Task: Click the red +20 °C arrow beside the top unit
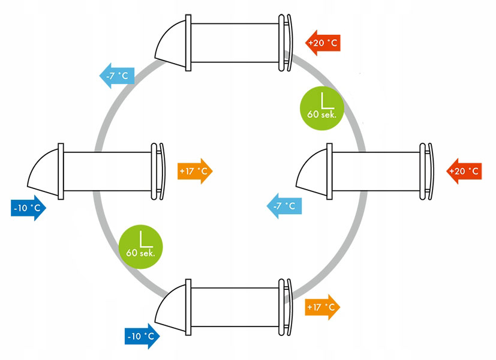pos(323,43)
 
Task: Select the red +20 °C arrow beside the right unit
pos(464,171)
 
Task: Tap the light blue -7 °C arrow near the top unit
pos(117,76)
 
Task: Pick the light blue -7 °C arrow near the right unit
pos(284,206)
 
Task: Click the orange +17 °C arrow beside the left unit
pos(195,171)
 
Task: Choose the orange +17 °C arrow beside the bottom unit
pos(322,307)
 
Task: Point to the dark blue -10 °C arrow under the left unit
pos(28,208)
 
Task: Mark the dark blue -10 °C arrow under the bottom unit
pos(142,336)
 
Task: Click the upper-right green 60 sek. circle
pos(322,108)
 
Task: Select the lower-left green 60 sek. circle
pos(141,247)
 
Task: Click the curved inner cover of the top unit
pos(290,43)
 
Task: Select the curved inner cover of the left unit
pos(163,171)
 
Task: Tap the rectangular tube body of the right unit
pos(376,172)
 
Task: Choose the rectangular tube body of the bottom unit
pos(235,307)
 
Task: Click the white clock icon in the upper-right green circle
pos(327,100)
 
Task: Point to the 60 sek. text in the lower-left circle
pos(140,253)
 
